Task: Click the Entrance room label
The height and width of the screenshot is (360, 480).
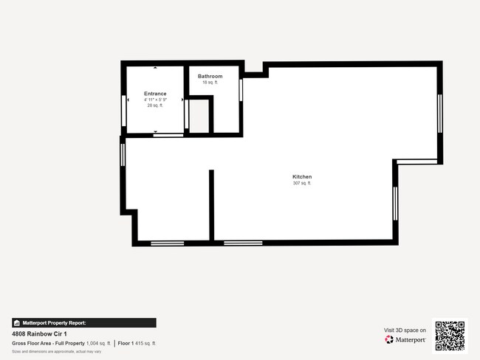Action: pyautogui.click(x=155, y=94)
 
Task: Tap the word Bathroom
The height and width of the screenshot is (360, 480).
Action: pyautogui.click(x=210, y=76)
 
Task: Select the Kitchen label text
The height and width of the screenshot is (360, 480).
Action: pyautogui.click(x=302, y=177)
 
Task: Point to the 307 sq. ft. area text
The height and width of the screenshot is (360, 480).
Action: pyautogui.click(x=302, y=183)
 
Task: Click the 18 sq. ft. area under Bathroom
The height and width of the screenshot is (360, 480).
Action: pyautogui.click(x=210, y=83)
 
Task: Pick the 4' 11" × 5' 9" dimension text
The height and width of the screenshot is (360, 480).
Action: pyautogui.click(x=155, y=100)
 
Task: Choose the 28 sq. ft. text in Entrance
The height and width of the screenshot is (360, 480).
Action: pyautogui.click(x=155, y=105)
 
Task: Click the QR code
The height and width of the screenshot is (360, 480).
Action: pyautogui.click(x=450, y=336)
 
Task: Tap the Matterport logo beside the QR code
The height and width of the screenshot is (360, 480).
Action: pyautogui.click(x=405, y=340)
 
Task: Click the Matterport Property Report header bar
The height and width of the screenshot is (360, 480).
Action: pyautogui.click(x=83, y=322)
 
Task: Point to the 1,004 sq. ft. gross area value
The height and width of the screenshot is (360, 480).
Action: pyautogui.click(x=98, y=343)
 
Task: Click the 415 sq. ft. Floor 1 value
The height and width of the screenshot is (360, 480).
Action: pyautogui.click(x=147, y=343)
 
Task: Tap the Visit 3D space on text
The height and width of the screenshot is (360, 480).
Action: pyautogui.click(x=405, y=330)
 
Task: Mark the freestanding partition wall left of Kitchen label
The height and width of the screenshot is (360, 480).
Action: pyautogui.click(x=211, y=205)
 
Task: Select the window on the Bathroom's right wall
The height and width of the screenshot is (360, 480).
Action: pyautogui.click(x=241, y=89)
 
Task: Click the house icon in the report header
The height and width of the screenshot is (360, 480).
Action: pyautogui.click(x=16, y=322)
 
